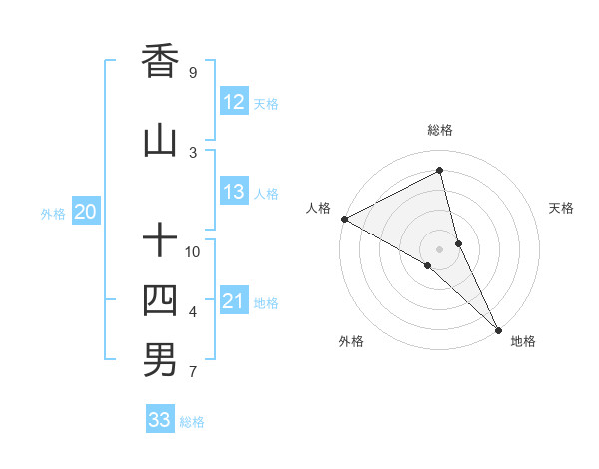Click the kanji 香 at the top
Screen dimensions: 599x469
(160, 61)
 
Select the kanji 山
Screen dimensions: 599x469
(160, 142)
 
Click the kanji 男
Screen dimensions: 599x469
(160, 360)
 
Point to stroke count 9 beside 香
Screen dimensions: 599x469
(193, 73)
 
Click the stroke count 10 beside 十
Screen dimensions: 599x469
(193, 251)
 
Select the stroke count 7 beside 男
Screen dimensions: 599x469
(193, 373)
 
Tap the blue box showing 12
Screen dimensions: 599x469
(234, 102)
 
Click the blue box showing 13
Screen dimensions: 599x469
(234, 193)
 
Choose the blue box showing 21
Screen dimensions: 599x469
(234, 301)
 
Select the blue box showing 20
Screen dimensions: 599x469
(86, 212)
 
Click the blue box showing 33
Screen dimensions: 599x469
(160, 420)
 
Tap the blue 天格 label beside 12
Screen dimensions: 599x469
(266, 103)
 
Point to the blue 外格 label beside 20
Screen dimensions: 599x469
(53, 213)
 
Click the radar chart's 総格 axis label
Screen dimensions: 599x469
(439, 130)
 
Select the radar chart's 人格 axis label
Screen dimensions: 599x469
(318, 208)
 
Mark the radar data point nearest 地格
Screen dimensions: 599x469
(498, 328)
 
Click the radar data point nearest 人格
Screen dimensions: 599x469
(344, 218)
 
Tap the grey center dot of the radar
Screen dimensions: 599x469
(439, 248)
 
